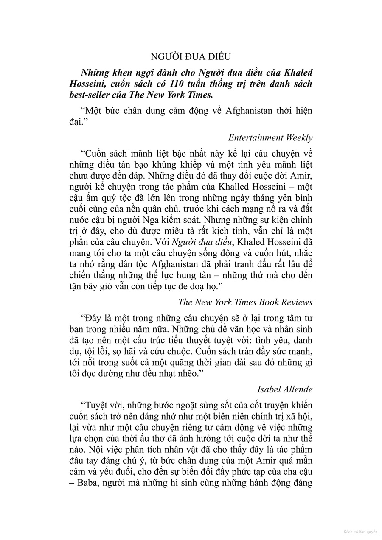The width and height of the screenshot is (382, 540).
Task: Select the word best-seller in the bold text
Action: tap(90, 95)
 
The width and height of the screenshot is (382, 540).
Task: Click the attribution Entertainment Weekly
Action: tap(270, 137)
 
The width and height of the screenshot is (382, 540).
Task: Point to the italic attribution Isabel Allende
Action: tap(284, 389)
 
